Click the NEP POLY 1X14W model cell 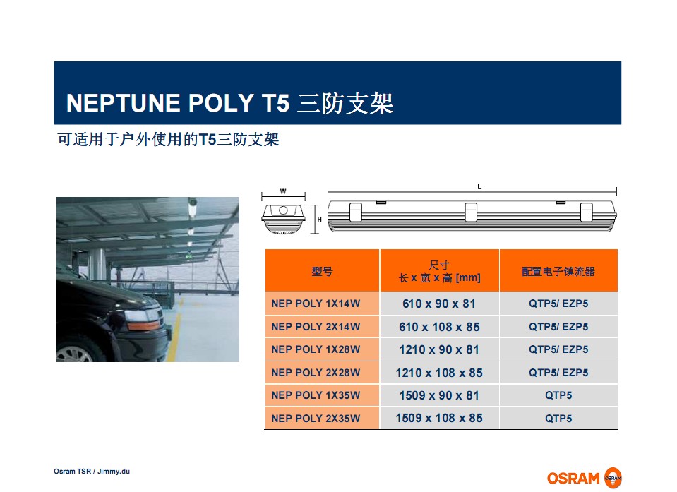[x=316, y=304]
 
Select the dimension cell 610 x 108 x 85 [x=439, y=327]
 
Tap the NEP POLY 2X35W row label [x=316, y=418]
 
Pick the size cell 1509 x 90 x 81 [x=439, y=395]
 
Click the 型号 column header [x=322, y=272]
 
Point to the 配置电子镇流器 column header [x=558, y=272]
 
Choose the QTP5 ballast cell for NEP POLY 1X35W [x=558, y=395]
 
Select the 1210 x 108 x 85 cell [x=439, y=373]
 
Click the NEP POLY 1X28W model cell [x=316, y=349]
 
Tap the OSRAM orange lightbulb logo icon [x=613, y=478]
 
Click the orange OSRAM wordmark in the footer [x=573, y=479]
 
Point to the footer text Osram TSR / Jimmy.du [x=92, y=472]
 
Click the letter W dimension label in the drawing [x=283, y=191]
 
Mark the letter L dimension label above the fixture [x=479, y=186]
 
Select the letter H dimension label [x=320, y=220]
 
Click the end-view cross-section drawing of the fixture [x=283, y=219]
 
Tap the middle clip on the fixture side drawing [x=471, y=212]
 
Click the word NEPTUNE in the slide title [x=123, y=103]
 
